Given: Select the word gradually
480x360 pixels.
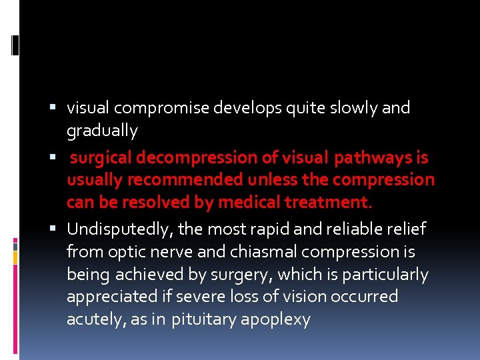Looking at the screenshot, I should pos(102,131).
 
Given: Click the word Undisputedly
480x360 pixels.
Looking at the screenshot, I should pos(117,229).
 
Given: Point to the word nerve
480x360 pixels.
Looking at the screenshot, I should pos(166,252).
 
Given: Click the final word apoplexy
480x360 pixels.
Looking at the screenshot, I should pos(275,320).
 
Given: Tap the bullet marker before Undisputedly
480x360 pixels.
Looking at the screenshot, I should pos(57,229).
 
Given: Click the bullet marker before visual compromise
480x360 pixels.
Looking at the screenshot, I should pos(57,108).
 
